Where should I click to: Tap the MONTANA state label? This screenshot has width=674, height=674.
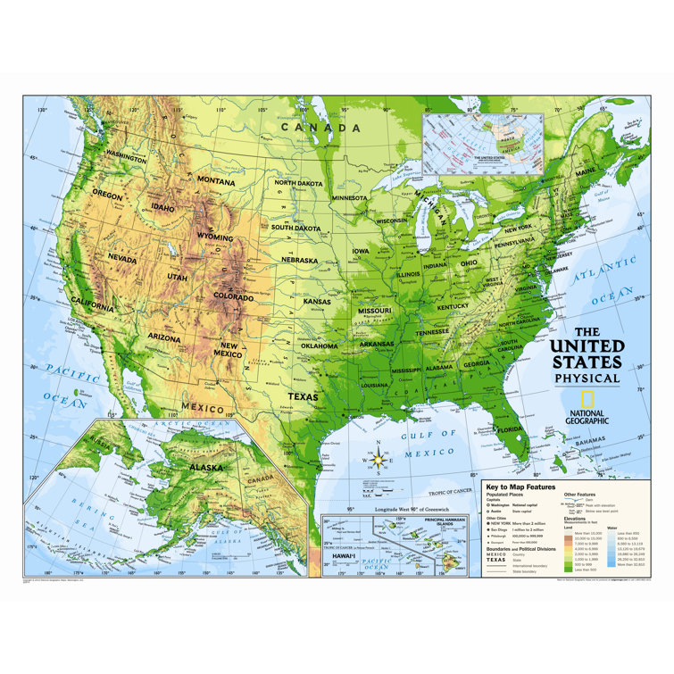point(216,180)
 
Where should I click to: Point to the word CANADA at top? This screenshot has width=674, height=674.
point(321,128)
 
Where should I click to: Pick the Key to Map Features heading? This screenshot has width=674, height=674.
point(521,487)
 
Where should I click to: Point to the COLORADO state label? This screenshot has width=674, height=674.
point(234,295)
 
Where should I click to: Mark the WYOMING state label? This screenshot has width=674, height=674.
point(215,238)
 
